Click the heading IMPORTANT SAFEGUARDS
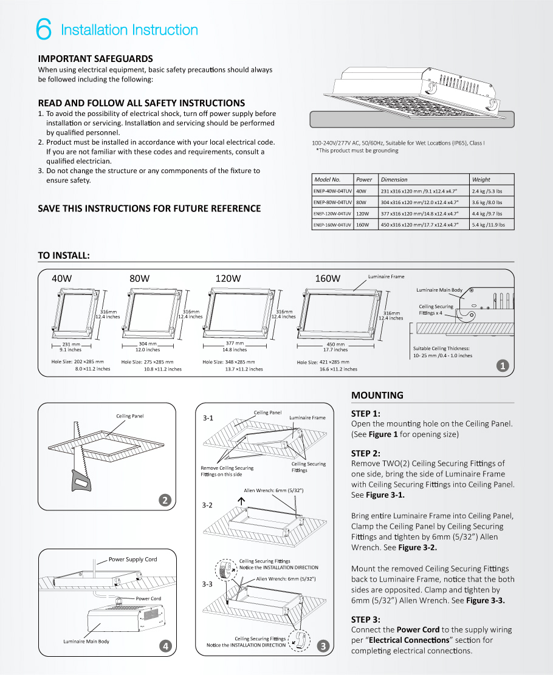click(x=95, y=59)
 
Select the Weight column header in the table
click(x=481, y=179)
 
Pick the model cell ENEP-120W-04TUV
click(x=332, y=213)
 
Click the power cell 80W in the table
click(x=362, y=202)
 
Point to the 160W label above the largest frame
click(x=327, y=278)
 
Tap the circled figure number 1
click(x=503, y=366)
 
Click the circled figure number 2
click(x=164, y=500)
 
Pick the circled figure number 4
click(x=164, y=646)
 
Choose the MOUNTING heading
click(x=377, y=396)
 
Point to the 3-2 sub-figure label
click(x=208, y=505)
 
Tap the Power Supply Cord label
click(x=132, y=560)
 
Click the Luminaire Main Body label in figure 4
click(x=86, y=642)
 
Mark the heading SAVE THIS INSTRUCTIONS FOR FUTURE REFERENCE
click(x=149, y=208)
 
